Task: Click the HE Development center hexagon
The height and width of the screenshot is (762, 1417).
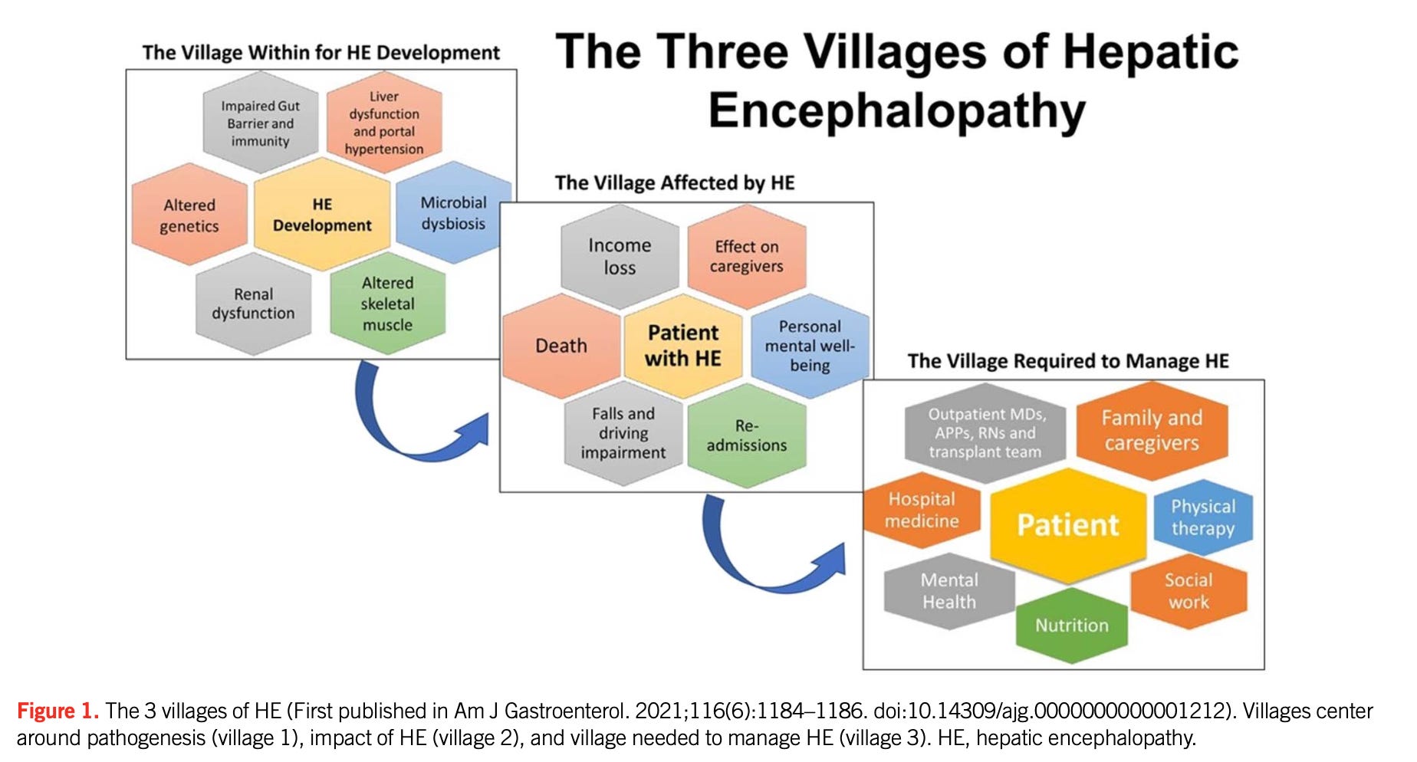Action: click(322, 215)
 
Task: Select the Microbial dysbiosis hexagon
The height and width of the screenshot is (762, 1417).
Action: click(453, 213)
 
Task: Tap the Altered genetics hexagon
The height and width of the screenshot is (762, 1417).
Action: click(189, 215)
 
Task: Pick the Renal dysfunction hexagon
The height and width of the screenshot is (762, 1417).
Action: click(253, 304)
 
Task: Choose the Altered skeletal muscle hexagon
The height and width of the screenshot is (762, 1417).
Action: click(387, 304)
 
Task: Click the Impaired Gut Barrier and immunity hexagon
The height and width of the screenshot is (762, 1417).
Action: click(261, 123)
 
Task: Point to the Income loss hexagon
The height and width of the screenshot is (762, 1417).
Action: click(620, 256)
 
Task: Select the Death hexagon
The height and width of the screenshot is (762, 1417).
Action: click(561, 346)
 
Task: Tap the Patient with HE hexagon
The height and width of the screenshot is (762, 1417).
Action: click(683, 346)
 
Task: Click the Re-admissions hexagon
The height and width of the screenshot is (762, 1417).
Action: click(747, 435)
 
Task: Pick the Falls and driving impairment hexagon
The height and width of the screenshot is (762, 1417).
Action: click(623, 433)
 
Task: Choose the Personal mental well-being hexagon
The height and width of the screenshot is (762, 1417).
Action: click(810, 346)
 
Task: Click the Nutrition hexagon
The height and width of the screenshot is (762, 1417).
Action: click(1072, 625)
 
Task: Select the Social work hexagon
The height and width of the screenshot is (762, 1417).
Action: click(1189, 591)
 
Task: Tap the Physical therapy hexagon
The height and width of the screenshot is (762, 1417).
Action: click(1203, 517)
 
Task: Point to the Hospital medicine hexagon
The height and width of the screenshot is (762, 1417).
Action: click(922, 510)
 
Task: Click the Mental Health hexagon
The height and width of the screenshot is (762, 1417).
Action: click(949, 591)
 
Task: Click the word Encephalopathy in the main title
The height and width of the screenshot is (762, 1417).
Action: click(896, 112)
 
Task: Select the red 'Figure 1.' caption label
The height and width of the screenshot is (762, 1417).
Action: click(58, 711)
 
